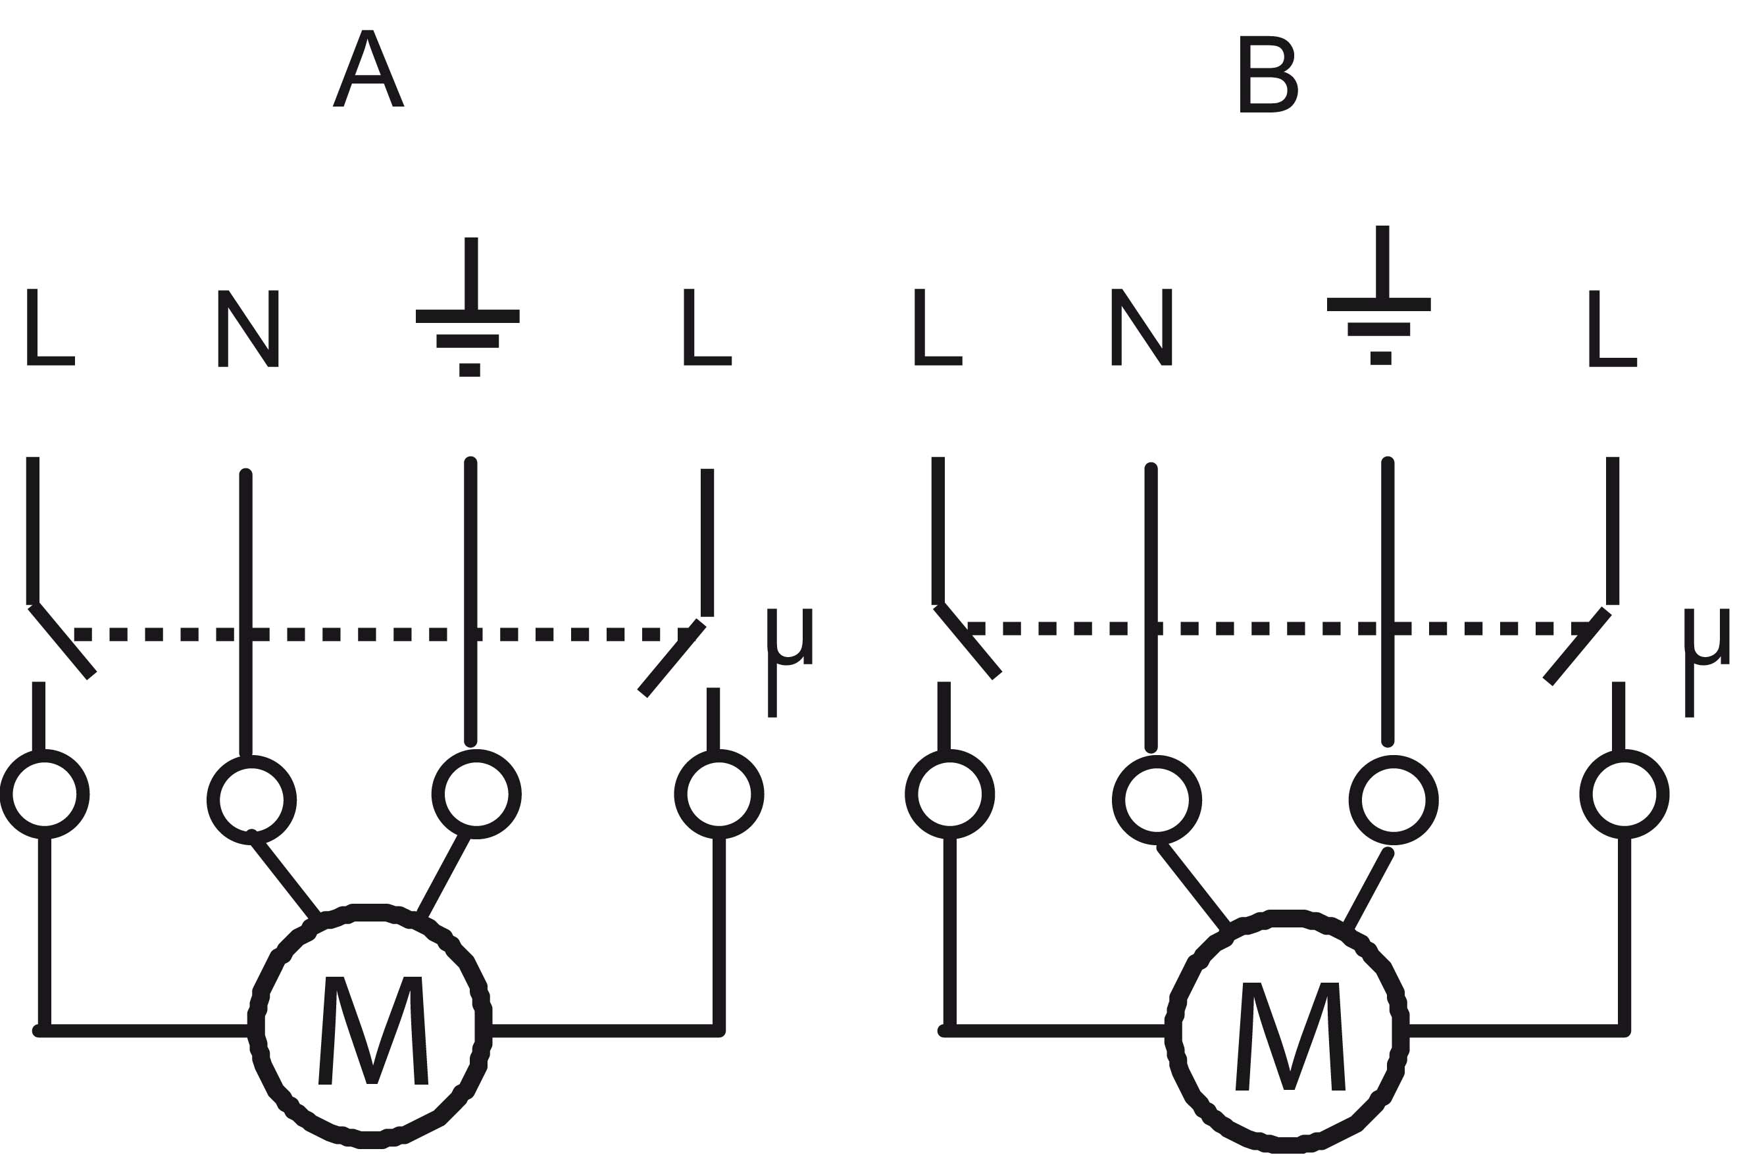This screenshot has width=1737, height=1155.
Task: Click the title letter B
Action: pyautogui.click(x=1268, y=74)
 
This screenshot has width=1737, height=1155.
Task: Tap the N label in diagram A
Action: pyautogui.click(x=248, y=328)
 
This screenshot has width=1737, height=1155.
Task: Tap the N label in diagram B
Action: pyautogui.click(x=1141, y=327)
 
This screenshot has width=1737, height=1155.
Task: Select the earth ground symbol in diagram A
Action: pyautogui.click(x=468, y=317)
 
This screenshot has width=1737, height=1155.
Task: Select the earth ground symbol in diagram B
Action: pyautogui.click(x=1379, y=305)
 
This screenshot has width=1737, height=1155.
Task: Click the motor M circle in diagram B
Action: pyautogui.click(x=1286, y=1031)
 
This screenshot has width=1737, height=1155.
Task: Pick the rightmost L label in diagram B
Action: pyautogui.click(x=1613, y=328)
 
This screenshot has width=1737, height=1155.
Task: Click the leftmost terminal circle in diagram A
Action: pyautogui.click(x=45, y=795)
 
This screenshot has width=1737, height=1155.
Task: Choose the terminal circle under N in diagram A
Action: pyautogui.click(x=252, y=800)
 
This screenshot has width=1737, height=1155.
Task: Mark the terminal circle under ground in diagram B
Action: pyautogui.click(x=1394, y=800)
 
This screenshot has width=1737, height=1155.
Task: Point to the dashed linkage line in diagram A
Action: pyautogui.click(x=368, y=634)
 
